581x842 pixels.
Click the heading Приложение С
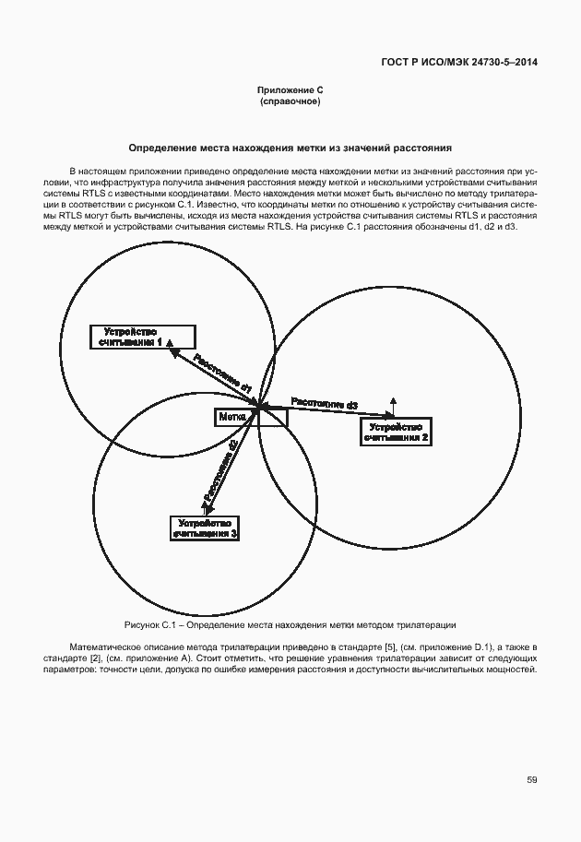[290, 89]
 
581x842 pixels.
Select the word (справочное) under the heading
[290, 101]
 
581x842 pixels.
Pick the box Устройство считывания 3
[205, 528]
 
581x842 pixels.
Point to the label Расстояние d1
[219, 374]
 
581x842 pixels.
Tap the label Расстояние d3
[324, 403]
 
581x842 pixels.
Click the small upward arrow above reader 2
[393, 402]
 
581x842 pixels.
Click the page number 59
[531, 780]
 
